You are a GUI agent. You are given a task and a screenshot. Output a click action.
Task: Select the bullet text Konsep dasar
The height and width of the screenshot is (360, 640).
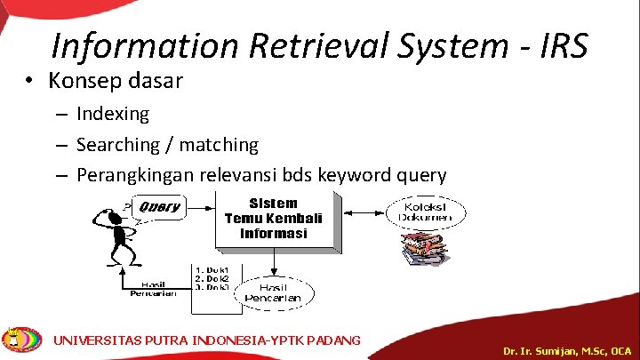click(116, 82)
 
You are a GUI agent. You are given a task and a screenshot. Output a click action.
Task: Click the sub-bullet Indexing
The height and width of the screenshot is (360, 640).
click(113, 114)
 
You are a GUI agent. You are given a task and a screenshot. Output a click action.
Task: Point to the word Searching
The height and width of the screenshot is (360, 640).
click(117, 144)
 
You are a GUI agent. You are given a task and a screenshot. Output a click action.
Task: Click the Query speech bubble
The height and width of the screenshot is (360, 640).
click(158, 208)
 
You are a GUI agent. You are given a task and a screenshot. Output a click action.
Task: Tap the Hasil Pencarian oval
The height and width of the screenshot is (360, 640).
click(276, 292)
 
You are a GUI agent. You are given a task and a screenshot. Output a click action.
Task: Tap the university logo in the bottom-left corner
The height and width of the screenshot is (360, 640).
click(22, 340)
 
